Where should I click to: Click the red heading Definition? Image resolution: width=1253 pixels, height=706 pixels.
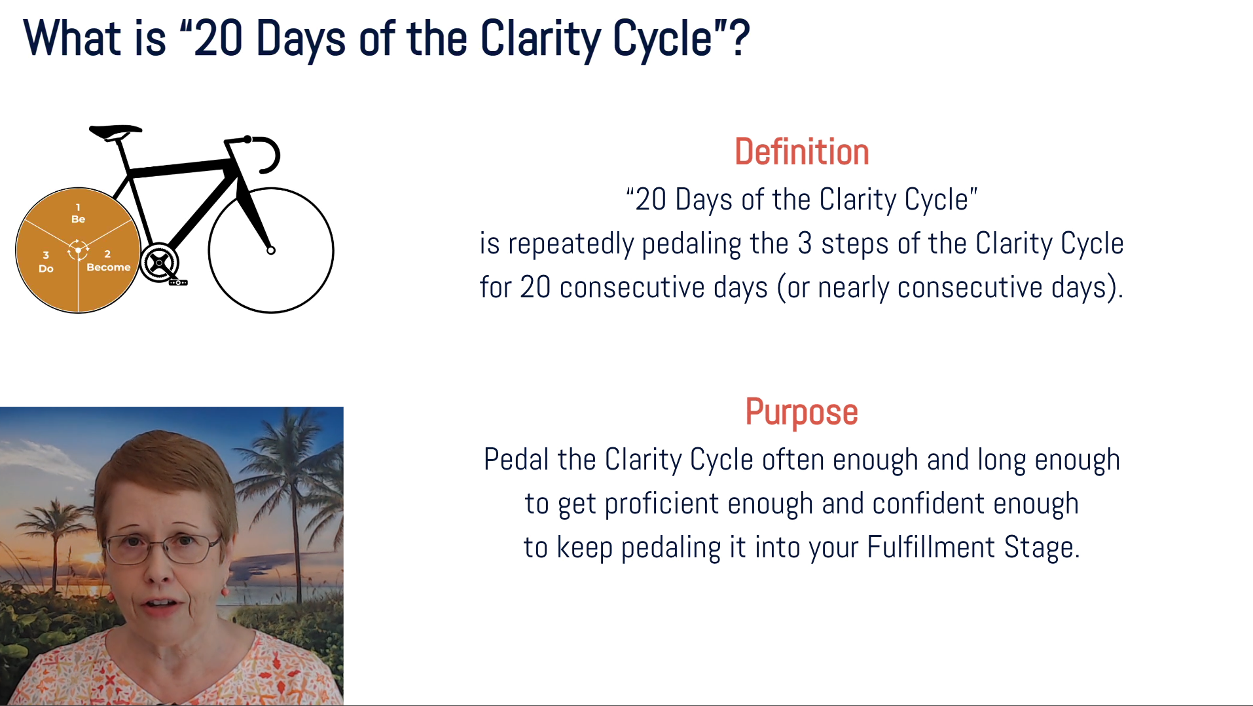tap(801, 152)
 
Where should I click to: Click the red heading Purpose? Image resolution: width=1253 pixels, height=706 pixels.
tap(801, 413)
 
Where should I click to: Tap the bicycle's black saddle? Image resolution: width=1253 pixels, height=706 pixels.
tap(115, 132)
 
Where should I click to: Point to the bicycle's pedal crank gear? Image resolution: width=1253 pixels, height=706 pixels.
tap(158, 263)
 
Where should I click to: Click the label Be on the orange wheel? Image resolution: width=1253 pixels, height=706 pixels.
tap(78, 219)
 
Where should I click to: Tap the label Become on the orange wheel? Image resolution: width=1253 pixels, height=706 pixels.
tap(109, 267)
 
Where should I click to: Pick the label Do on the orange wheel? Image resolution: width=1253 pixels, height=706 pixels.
tap(46, 269)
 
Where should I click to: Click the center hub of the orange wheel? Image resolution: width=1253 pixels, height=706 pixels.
tap(78, 250)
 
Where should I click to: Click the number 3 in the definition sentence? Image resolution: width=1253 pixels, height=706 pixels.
tap(805, 244)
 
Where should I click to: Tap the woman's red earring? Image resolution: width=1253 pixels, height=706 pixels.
tap(225, 591)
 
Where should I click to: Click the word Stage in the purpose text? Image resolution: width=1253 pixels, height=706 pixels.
tap(1042, 548)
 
